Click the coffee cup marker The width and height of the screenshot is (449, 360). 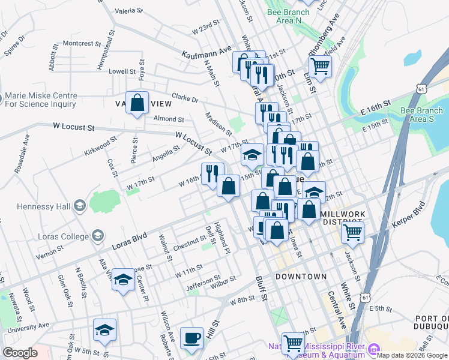pos(192,338)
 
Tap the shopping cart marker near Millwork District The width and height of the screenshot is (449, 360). pos(353,231)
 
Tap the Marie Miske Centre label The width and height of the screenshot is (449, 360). pos(40,100)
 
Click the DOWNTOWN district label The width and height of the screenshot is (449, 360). pos(301,277)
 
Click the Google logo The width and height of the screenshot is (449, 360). pos(20,353)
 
